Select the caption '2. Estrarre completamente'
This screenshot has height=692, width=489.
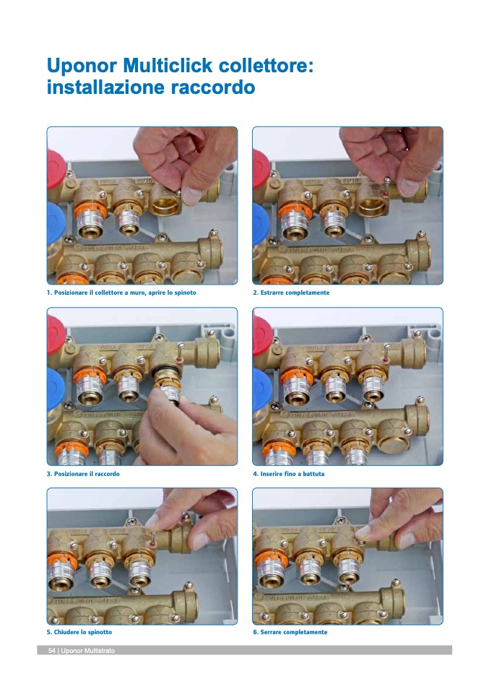tap(291, 293)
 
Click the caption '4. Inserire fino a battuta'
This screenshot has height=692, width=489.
tap(289, 474)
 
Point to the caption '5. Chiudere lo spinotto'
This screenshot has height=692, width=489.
tap(79, 632)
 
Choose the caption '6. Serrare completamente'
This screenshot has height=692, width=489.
tap(290, 632)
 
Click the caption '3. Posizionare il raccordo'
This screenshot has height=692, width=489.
tap(83, 474)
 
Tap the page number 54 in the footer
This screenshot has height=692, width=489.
tap(51, 651)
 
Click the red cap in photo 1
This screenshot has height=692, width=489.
tap(55, 168)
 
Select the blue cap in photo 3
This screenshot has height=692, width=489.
tap(55, 389)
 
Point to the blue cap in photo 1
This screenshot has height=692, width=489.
tap(55, 223)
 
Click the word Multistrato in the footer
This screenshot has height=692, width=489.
tap(98, 651)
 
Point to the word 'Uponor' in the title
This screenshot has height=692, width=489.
tap(82, 66)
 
